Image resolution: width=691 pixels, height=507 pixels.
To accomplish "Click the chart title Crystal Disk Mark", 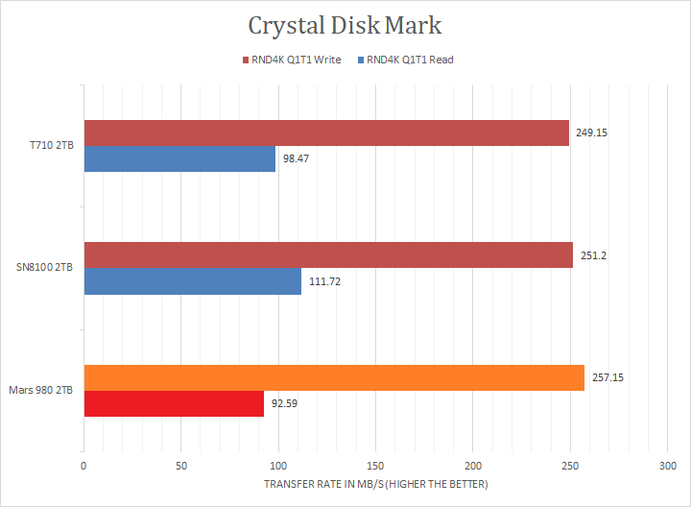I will [x=345, y=25].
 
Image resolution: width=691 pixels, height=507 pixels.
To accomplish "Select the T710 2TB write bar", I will [x=326, y=133].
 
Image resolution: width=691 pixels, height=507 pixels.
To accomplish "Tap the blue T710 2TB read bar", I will [x=179, y=158].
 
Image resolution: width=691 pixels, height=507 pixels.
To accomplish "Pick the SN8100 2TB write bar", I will [x=328, y=254].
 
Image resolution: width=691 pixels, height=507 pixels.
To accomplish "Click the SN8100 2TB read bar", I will [x=192, y=280].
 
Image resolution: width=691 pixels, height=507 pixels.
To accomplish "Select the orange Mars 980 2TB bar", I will [x=334, y=377].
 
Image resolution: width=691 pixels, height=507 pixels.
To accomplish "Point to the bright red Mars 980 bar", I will [x=174, y=403].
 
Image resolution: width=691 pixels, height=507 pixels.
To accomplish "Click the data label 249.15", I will [x=591, y=133].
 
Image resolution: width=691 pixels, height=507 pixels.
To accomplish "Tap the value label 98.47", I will [x=297, y=158].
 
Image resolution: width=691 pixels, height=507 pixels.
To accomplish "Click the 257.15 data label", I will [x=607, y=377].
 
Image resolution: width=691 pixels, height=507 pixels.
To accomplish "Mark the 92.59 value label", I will [x=286, y=403].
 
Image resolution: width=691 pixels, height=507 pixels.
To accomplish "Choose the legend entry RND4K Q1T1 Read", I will [x=409, y=60].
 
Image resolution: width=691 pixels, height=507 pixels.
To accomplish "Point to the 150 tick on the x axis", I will [x=375, y=467].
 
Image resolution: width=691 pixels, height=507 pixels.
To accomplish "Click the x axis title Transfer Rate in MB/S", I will [x=375, y=484].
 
